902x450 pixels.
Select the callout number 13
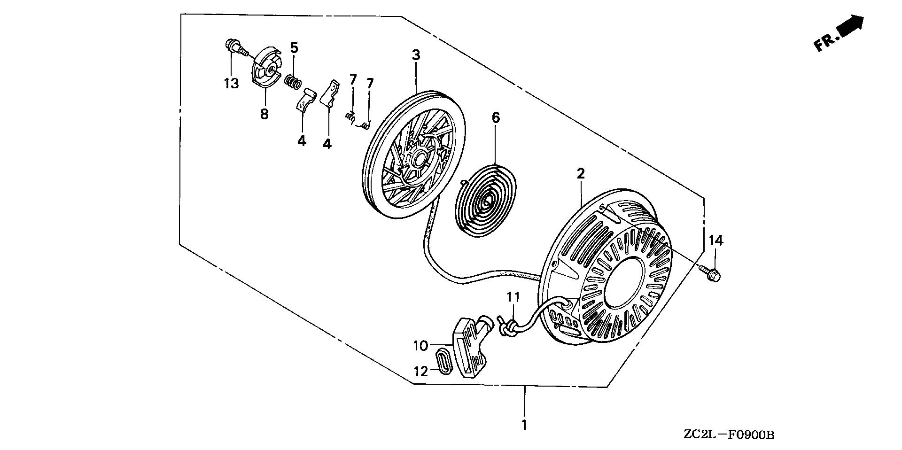click(x=231, y=84)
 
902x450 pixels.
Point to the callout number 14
click(x=716, y=241)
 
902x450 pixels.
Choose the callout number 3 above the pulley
click(x=416, y=55)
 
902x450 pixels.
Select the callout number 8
click(x=264, y=114)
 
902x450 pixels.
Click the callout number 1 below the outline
click(x=524, y=426)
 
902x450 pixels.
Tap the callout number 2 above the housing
click(x=581, y=173)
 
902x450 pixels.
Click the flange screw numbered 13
click(x=234, y=47)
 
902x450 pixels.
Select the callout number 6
click(x=496, y=118)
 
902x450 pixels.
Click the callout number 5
click(x=294, y=47)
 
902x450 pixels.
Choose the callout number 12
click(x=421, y=372)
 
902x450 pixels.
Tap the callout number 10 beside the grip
click(x=420, y=346)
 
